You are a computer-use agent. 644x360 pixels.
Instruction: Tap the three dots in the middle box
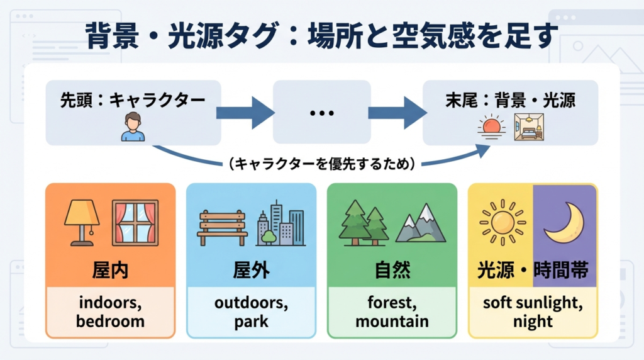click(321, 113)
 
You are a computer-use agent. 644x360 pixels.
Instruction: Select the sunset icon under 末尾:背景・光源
click(491, 127)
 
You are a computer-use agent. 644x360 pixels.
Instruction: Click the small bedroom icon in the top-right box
click(528, 127)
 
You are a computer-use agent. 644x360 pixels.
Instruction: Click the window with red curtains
click(135, 222)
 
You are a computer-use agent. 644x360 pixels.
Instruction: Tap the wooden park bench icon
click(222, 227)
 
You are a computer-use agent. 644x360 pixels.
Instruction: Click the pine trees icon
click(364, 223)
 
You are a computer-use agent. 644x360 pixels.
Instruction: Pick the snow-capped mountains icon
click(420, 224)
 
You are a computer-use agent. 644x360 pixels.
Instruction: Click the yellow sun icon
click(501, 223)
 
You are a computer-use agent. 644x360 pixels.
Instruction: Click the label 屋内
click(110, 270)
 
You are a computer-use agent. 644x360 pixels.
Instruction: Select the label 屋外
click(251, 270)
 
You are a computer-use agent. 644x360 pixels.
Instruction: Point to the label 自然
click(392, 270)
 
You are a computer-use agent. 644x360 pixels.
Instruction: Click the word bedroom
click(110, 322)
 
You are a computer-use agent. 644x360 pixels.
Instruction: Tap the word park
click(251, 322)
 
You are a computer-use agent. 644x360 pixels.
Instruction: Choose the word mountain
click(392, 322)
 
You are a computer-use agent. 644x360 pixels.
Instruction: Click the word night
click(533, 322)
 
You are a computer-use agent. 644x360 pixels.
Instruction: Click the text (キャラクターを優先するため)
click(321, 164)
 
